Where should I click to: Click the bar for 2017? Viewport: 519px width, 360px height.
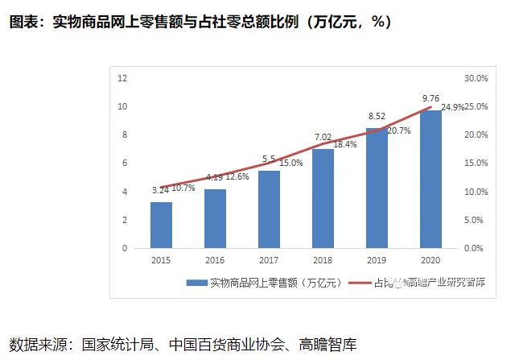[x=269, y=209]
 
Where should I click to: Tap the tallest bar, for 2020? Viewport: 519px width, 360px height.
[x=430, y=179]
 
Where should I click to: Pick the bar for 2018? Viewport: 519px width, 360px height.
[x=323, y=198]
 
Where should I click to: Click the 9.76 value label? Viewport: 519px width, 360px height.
[x=431, y=99]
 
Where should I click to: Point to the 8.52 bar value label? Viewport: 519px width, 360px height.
[x=377, y=117]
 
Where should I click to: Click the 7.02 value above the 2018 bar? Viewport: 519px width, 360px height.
[x=323, y=137]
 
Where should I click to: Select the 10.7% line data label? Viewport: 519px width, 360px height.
[x=184, y=188]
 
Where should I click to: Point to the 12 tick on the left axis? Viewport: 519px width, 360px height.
[x=122, y=78]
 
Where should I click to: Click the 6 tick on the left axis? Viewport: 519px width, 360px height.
[x=124, y=163]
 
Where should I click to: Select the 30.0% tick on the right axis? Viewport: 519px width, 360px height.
[x=477, y=78]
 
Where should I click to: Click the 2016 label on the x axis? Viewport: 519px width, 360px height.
[x=215, y=260]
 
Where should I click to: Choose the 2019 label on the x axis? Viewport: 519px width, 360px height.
[x=377, y=260]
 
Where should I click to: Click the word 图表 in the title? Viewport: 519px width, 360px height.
[x=23, y=23]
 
